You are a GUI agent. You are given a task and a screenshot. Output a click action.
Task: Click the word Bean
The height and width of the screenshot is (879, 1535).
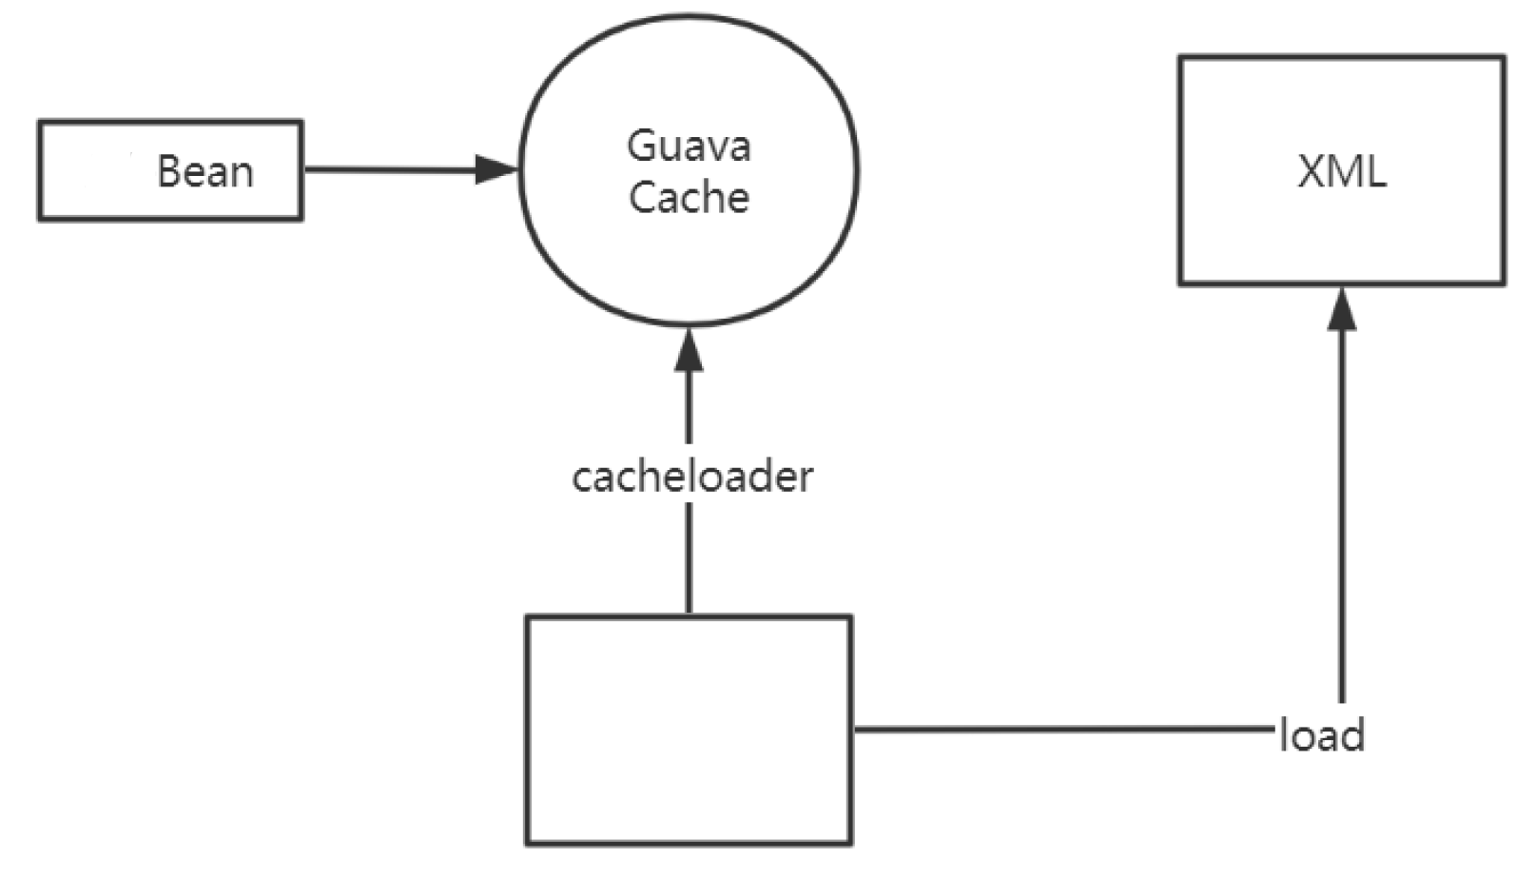[204, 172]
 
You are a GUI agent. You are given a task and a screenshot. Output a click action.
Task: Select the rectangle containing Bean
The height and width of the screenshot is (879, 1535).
[95, 171]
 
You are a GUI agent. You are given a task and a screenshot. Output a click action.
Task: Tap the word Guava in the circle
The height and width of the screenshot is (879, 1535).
[689, 146]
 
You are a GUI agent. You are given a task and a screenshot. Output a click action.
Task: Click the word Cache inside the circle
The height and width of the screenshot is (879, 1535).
[689, 197]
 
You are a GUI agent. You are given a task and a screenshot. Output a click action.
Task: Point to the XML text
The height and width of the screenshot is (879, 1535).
[1341, 172]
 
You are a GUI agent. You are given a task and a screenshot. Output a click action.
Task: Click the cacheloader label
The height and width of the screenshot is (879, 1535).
[691, 477]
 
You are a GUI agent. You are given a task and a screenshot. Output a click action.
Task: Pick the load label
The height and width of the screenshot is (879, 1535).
[1322, 735]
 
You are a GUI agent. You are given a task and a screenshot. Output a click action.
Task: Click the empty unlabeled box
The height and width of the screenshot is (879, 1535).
[689, 730]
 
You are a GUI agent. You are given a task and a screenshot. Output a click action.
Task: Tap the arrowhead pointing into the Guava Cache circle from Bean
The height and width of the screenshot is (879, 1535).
[496, 171]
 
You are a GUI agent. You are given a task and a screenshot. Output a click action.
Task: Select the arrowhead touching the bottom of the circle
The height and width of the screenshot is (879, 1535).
[689, 350]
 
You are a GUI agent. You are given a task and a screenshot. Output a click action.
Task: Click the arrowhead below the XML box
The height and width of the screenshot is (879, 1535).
[1342, 310]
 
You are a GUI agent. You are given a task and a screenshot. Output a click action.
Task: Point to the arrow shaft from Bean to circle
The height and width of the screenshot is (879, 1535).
[390, 171]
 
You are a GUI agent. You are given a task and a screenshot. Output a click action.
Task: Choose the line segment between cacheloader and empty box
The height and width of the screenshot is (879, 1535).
[689, 557]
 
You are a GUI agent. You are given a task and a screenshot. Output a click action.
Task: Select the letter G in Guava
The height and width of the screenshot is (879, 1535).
[640, 146]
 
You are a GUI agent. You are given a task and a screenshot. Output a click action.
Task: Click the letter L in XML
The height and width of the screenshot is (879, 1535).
[1375, 172]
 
